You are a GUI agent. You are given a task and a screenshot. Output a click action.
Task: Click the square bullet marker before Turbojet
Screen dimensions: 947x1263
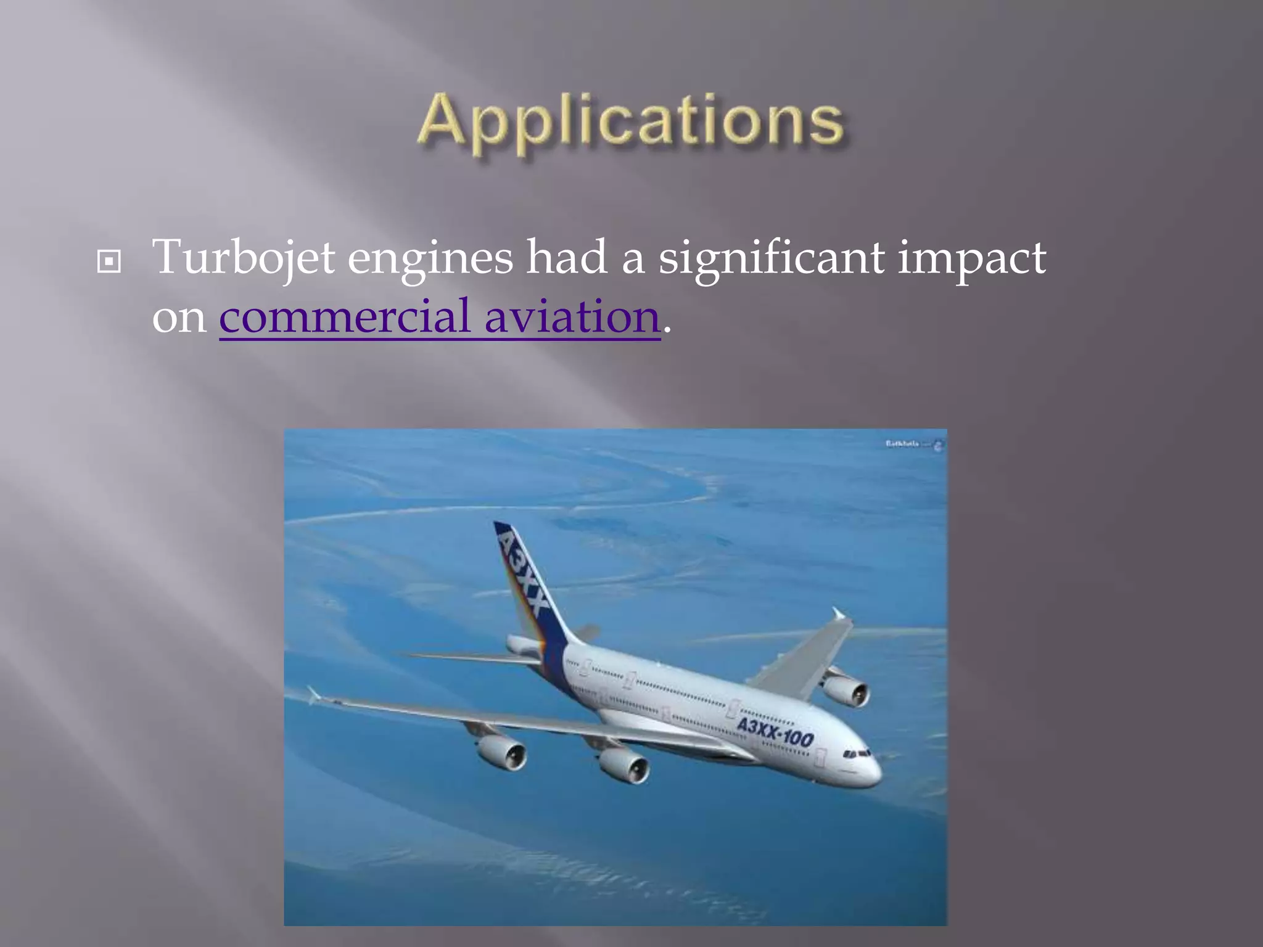109,262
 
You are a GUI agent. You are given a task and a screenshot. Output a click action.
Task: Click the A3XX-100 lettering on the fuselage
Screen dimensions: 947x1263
775,731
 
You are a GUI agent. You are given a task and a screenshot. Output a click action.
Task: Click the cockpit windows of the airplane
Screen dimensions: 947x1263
857,753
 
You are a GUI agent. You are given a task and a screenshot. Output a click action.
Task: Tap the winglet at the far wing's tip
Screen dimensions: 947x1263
839,613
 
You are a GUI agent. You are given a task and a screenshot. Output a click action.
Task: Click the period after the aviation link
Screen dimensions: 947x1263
667,333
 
